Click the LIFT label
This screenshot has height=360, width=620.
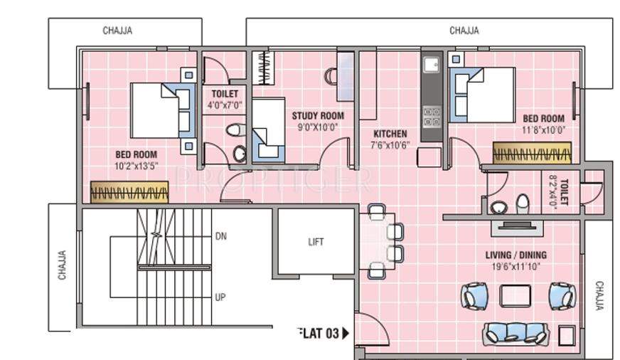pos(316,242)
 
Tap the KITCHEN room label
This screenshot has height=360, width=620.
pos(389,134)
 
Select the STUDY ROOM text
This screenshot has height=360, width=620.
pos(318,116)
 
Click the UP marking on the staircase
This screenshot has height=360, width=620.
pos(220,297)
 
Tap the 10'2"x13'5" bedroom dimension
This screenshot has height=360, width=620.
pos(136,166)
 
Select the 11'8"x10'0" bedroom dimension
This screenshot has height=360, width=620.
pos(543,130)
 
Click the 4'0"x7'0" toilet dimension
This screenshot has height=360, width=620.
pos(225,105)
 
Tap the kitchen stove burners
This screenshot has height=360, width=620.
pos(431,115)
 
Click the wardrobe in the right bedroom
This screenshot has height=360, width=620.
pos(532,154)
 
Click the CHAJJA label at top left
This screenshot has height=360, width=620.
pos(117,31)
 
